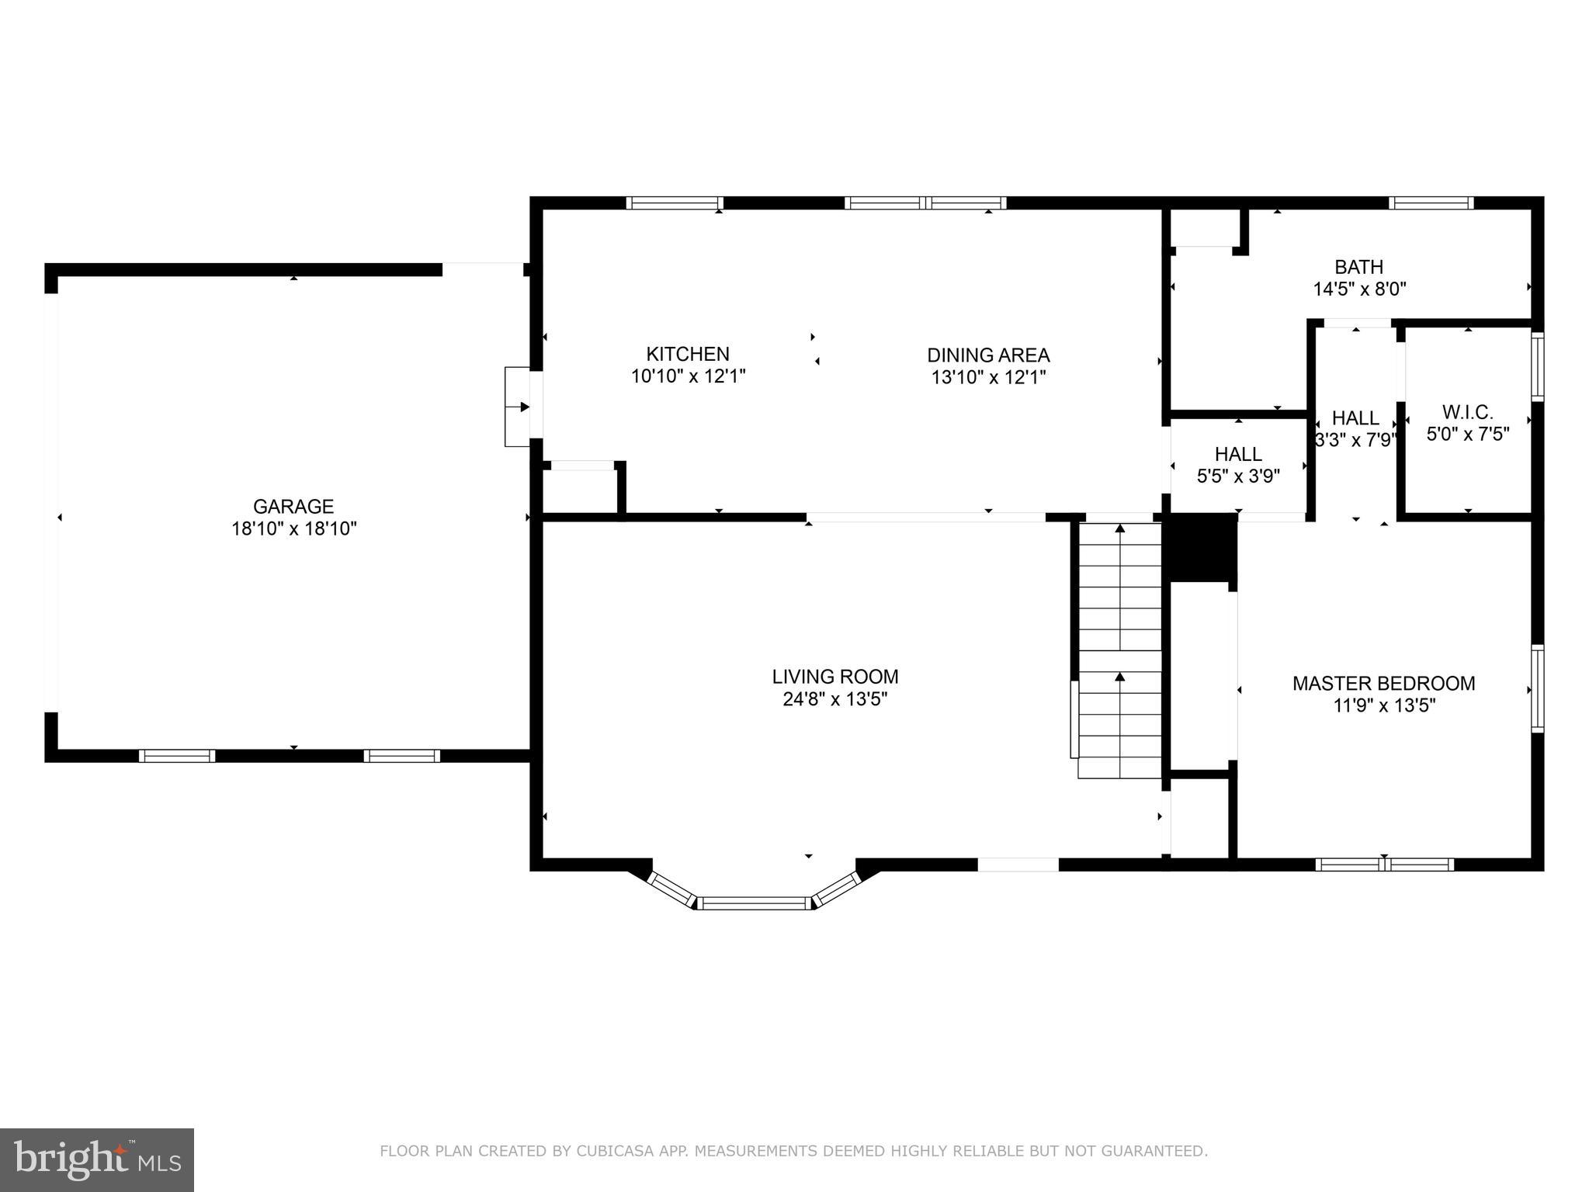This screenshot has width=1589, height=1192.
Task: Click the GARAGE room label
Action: (x=293, y=507)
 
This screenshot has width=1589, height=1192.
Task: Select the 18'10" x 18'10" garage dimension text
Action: (x=293, y=529)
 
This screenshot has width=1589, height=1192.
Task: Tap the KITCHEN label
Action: (x=688, y=355)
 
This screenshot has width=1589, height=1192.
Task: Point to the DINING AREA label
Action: (x=988, y=355)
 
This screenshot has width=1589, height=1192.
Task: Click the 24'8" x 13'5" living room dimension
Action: (x=834, y=699)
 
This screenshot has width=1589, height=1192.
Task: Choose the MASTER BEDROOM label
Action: (x=1383, y=684)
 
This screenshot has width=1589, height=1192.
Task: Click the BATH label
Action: (x=1358, y=267)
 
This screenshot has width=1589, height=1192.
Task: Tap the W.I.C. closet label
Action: (x=1467, y=412)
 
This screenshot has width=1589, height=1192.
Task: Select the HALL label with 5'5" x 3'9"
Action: (x=1238, y=454)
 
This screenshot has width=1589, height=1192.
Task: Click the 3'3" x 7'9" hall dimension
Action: (x=1355, y=440)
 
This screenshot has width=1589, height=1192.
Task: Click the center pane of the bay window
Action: (x=753, y=903)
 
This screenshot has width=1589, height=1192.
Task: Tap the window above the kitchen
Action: (x=675, y=203)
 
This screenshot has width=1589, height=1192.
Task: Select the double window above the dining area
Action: (x=925, y=203)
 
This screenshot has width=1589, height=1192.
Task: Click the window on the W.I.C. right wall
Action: (x=1537, y=366)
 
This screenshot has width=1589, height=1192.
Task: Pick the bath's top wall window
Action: (x=1431, y=203)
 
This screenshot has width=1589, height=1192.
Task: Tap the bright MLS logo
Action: (x=96, y=1159)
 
